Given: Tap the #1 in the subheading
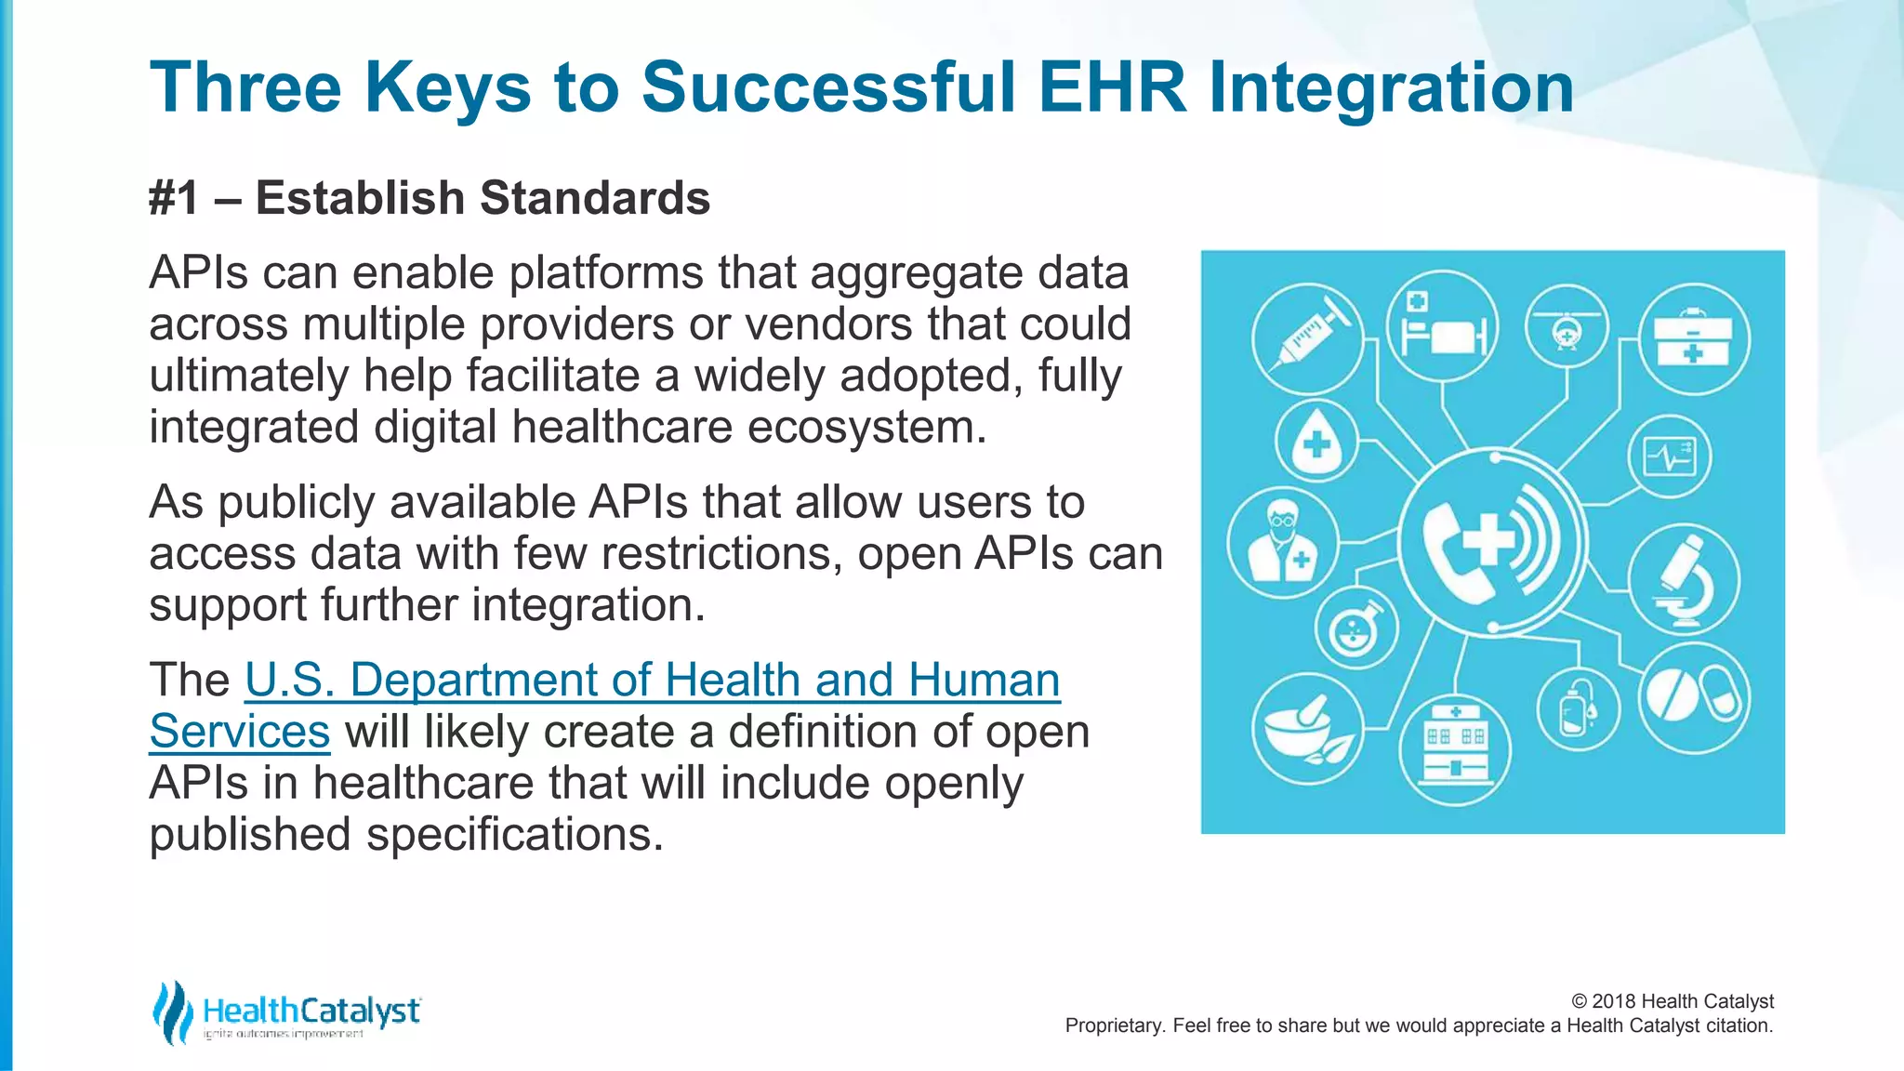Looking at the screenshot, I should tap(174, 198).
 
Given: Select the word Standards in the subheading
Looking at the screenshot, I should tap(595, 198).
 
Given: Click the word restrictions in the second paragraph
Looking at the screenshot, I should tap(721, 554).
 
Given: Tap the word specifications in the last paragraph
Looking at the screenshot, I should tap(514, 835).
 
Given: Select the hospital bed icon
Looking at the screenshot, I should tap(1442, 325).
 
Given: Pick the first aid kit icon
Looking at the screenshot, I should tap(1693, 339).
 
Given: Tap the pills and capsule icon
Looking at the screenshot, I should tap(1692, 697).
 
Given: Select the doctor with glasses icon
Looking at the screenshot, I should tap(1282, 542).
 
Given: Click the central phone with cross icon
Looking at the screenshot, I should tap(1490, 542).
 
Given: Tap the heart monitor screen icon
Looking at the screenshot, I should tap(1669, 456).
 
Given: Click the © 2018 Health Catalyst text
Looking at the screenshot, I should tap(1672, 1001).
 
